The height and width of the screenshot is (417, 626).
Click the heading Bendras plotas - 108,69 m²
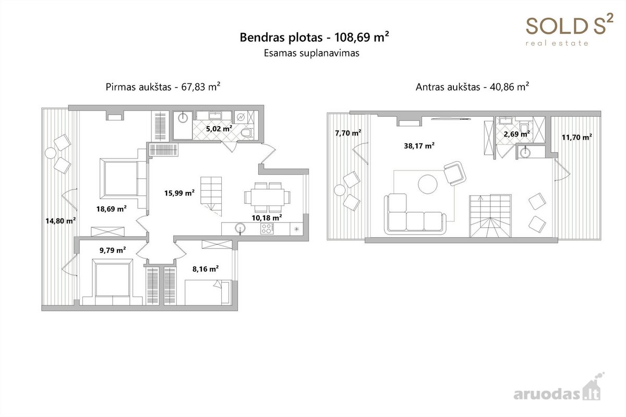click(x=314, y=38)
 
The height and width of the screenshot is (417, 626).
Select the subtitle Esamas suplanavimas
click(x=311, y=53)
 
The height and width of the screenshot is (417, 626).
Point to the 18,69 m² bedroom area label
click(x=112, y=208)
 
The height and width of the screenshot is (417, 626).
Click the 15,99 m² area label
click(x=179, y=193)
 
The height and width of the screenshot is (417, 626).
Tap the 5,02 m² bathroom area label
click(x=219, y=129)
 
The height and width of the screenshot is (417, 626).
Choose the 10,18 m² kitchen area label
click(x=267, y=217)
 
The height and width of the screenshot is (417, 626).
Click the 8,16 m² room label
click(x=206, y=268)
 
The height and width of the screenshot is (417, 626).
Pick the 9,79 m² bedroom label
click(x=113, y=250)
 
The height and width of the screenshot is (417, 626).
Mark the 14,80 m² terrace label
click(x=61, y=221)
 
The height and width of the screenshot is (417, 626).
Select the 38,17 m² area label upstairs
click(x=419, y=146)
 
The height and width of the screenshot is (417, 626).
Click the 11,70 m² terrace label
click(x=577, y=137)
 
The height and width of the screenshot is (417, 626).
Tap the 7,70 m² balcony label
click(x=348, y=133)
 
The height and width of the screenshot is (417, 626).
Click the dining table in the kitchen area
click(x=267, y=197)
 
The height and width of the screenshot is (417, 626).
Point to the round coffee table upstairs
click(x=428, y=184)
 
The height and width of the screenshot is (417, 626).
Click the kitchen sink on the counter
click(x=240, y=228)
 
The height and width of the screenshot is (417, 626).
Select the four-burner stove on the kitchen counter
click(x=267, y=229)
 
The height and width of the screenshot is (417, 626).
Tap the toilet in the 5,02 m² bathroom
click(x=247, y=133)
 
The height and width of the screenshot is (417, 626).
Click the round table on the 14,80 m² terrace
click(x=51, y=153)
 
